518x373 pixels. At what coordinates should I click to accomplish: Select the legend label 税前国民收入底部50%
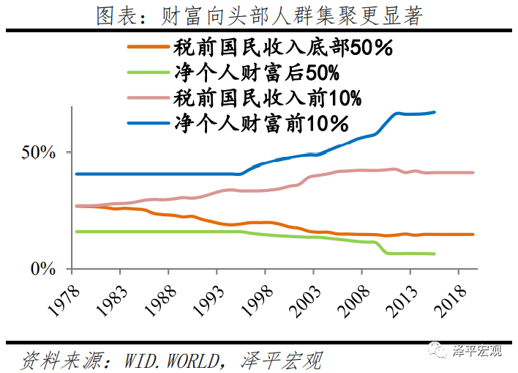[284, 49]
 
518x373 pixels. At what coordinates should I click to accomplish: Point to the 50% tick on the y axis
[39, 152]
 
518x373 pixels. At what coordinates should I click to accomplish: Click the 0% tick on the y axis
[44, 269]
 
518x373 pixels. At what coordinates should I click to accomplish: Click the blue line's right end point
[435, 112]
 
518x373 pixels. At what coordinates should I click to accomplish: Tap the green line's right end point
[435, 254]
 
